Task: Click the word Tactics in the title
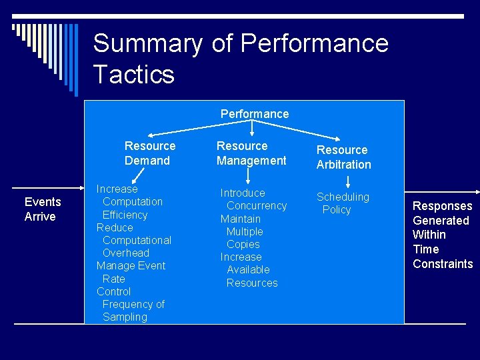[133, 73]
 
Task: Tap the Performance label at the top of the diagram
[255, 114]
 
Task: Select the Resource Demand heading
[149, 153]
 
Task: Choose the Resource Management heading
[251, 153]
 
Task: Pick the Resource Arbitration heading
[343, 157]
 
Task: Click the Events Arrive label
[42, 209]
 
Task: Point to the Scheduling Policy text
[342, 203]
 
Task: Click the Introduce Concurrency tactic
[253, 199]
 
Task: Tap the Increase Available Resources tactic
[248, 270]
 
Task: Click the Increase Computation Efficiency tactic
[129, 202]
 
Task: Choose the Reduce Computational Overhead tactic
[133, 240]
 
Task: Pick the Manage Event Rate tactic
[131, 272]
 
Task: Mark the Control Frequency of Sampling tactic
[131, 304]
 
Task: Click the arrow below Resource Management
[248, 176]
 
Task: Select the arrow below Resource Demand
[139, 175]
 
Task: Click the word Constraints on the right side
[443, 264]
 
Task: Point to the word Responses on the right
[442, 206]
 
